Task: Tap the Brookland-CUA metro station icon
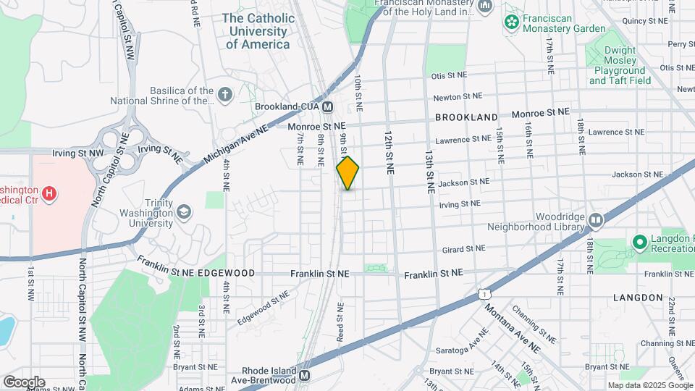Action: click(x=328, y=106)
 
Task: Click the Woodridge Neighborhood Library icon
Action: click(x=596, y=219)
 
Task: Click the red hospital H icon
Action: click(x=49, y=193)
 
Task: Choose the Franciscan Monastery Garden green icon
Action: click(x=513, y=22)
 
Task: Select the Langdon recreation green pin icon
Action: click(x=639, y=242)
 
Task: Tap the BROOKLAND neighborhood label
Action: click(x=466, y=117)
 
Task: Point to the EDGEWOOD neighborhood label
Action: click(x=227, y=273)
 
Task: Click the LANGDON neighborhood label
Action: click(x=638, y=298)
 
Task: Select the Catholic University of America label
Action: click(x=258, y=31)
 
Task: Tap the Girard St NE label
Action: click(x=465, y=248)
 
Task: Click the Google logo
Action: click(x=24, y=382)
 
